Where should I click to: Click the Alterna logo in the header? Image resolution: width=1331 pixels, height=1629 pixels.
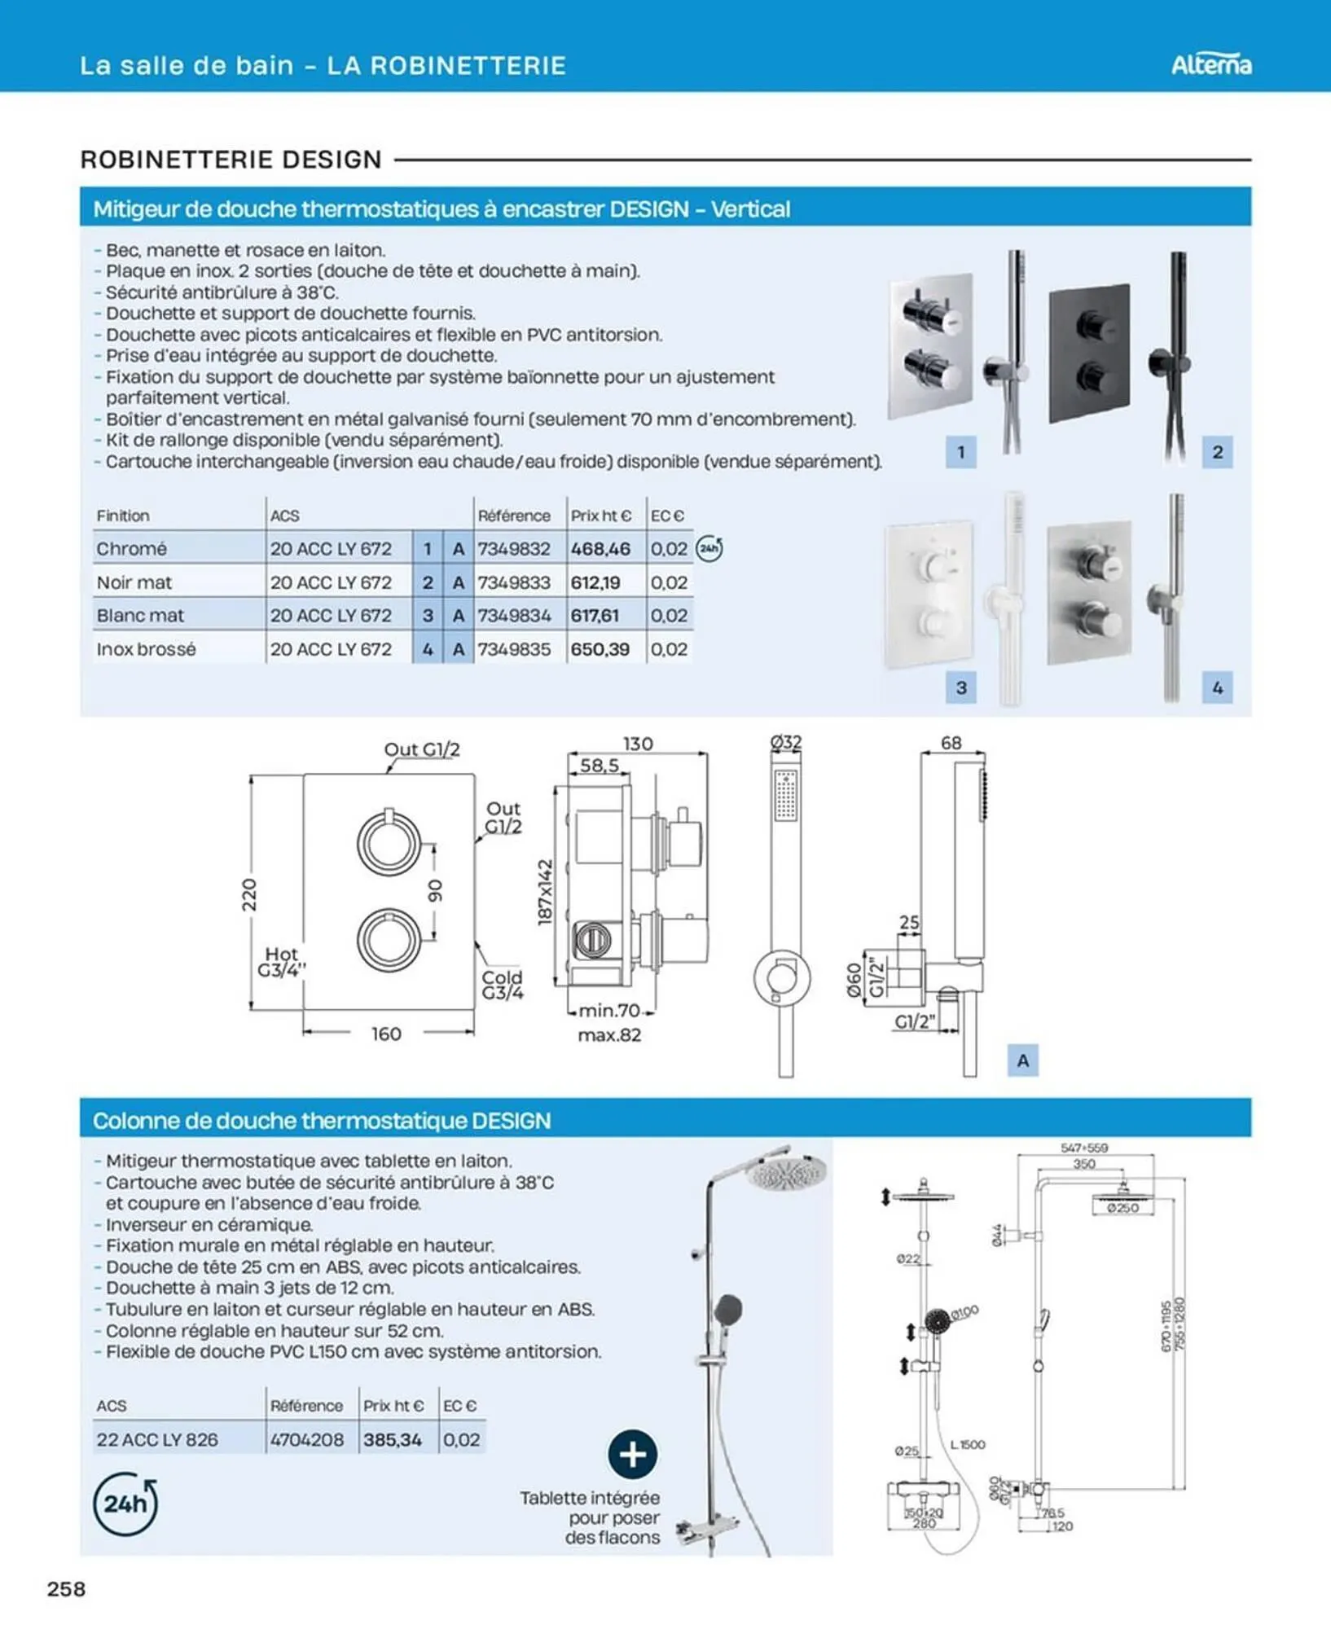[x=1210, y=64]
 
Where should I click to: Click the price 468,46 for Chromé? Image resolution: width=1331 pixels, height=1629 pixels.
[x=600, y=549]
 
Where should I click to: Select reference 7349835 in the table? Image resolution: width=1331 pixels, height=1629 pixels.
[x=514, y=649]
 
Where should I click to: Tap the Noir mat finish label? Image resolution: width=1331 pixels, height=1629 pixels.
[x=134, y=582]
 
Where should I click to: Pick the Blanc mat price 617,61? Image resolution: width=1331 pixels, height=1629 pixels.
[x=595, y=616]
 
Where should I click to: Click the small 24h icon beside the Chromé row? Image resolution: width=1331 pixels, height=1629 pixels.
[x=709, y=549]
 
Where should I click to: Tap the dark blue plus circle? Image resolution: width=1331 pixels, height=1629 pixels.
[x=633, y=1454]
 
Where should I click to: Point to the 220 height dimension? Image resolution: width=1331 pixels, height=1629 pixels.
[x=249, y=894]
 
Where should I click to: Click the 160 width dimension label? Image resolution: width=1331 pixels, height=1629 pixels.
[x=386, y=1034]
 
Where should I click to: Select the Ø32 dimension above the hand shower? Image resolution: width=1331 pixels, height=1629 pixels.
[x=786, y=742]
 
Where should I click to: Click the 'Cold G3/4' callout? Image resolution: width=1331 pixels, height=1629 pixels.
[x=502, y=985]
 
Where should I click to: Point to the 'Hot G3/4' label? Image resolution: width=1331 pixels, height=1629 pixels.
[x=281, y=961]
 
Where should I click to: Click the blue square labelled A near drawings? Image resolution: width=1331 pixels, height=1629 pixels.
[x=1022, y=1060]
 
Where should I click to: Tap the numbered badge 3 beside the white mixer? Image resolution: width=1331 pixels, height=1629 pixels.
[x=961, y=687]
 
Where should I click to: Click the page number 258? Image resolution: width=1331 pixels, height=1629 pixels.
[x=67, y=1589]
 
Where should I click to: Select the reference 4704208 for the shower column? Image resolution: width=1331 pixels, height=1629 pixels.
[x=307, y=1439]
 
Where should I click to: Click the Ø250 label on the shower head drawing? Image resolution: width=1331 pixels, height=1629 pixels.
[x=1122, y=1208]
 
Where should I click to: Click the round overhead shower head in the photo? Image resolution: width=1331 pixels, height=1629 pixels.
[x=786, y=1174]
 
